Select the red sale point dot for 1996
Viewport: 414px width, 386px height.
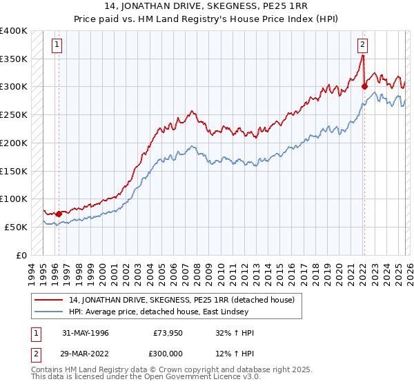click(59, 214)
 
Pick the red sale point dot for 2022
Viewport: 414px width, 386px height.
click(364, 86)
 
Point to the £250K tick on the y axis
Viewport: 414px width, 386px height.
click(14, 114)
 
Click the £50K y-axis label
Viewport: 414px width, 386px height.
click(16, 227)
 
